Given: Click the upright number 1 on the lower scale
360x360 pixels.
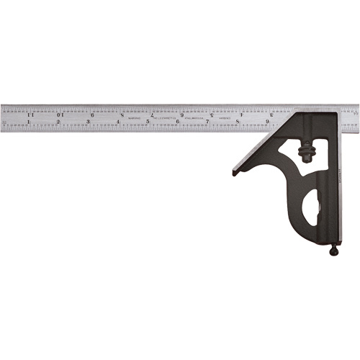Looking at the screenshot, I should [x=29, y=123].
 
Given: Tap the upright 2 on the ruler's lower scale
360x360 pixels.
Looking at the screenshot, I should [x=58, y=123].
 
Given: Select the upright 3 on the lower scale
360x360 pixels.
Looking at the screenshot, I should [x=88, y=123].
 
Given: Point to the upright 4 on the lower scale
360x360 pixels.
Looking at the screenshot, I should [x=118, y=123].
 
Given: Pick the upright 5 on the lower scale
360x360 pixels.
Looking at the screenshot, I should [x=148, y=123].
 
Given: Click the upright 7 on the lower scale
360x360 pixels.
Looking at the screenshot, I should [x=207, y=123].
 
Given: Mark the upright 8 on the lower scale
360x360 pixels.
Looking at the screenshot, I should [x=238, y=123].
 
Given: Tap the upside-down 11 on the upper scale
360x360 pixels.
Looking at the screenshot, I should [x=31, y=114].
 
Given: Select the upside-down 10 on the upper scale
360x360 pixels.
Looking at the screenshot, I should [x=61, y=114].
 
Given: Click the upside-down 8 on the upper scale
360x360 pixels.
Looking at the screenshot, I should [x=122, y=114].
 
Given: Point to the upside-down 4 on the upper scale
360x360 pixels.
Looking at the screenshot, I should [x=241, y=114].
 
